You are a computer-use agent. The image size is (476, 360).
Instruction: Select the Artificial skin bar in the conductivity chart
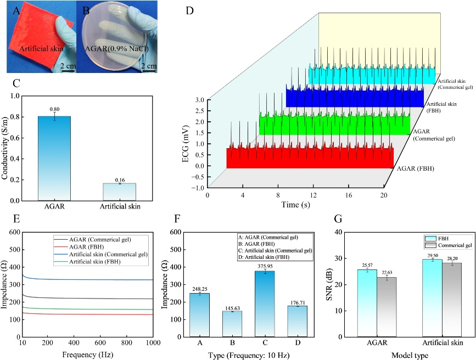tap(120, 192)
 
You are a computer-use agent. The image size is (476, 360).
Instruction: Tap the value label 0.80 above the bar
tap(54, 109)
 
